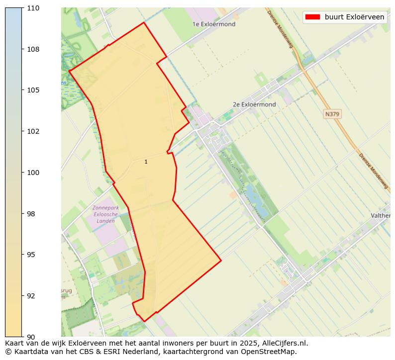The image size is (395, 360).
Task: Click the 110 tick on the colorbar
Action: point(34,8)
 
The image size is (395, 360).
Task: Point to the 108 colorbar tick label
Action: point(34,49)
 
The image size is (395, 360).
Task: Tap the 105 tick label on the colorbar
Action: point(34,90)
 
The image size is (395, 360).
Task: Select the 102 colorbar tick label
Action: point(34,131)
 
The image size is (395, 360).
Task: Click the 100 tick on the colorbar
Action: point(34,173)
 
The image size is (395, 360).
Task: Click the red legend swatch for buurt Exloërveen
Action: point(312,17)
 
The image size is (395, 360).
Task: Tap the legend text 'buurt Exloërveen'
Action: point(354,17)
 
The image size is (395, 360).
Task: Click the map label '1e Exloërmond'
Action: point(214,24)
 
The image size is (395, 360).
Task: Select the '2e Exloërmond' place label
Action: point(254,104)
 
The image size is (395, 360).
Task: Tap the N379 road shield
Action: point(332,114)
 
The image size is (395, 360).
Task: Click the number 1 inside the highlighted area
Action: point(146,162)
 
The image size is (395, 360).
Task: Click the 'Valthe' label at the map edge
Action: point(381,216)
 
